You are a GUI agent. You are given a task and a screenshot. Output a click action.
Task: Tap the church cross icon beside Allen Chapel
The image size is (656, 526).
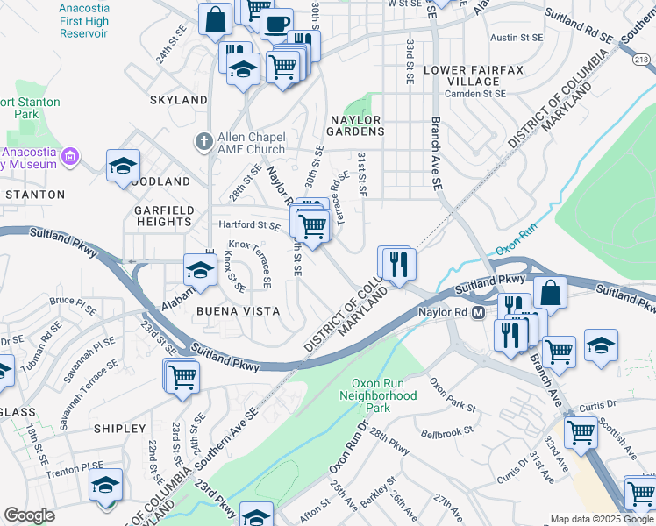click(203, 141)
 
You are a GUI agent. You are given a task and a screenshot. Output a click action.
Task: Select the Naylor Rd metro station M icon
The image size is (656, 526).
click(479, 312)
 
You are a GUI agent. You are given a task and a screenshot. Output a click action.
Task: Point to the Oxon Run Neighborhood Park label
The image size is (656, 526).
click(383, 395)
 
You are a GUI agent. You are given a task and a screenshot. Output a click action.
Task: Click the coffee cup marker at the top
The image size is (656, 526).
click(277, 24)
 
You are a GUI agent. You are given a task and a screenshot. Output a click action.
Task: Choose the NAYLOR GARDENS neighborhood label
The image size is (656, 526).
click(357, 125)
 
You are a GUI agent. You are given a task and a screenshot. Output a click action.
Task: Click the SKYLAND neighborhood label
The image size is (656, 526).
click(178, 100)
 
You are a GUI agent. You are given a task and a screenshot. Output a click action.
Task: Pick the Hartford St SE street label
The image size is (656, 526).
click(249, 226)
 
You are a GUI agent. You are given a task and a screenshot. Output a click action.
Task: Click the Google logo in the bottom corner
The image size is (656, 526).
click(29, 515)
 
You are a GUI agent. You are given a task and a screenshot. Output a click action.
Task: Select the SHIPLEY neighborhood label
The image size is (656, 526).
click(119, 429)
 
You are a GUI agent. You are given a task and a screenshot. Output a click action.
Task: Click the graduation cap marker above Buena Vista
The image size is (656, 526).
click(200, 270)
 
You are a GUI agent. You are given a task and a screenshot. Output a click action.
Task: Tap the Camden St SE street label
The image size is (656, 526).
click(475, 93)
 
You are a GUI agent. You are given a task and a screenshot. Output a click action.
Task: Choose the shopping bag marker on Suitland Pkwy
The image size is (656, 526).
click(549, 293)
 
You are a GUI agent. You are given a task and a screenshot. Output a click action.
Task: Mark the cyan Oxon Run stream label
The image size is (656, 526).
click(516, 249)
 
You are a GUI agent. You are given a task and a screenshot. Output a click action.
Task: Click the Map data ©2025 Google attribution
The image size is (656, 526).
click(601, 519)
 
